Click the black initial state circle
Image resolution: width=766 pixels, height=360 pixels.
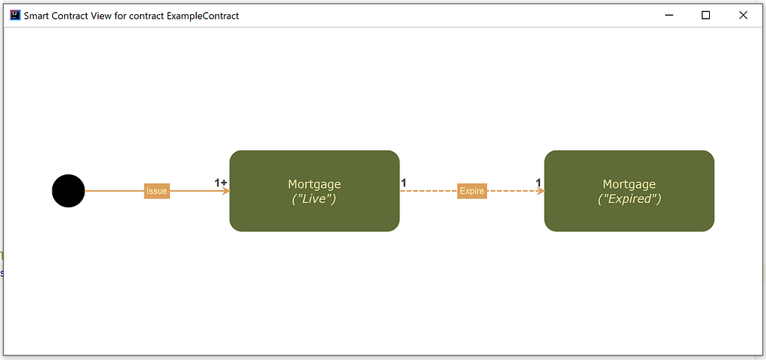point(68,191)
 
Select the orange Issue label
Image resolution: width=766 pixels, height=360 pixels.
point(157,191)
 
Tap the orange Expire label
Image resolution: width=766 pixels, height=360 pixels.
point(472,191)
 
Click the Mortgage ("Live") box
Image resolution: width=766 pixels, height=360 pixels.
point(315,191)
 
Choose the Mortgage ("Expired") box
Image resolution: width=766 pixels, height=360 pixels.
point(629,191)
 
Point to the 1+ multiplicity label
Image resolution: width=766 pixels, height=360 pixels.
point(221,183)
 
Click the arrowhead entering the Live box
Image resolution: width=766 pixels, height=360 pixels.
point(226,191)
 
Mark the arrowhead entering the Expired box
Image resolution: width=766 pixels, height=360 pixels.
point(540,191)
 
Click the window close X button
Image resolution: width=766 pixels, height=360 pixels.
point(743,15)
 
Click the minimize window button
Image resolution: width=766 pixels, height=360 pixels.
point(670,15)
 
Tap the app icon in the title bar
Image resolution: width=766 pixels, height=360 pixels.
point(15,15)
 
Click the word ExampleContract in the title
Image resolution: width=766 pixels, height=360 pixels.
point(203,16)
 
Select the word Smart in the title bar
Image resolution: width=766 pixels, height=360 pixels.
point(36,16)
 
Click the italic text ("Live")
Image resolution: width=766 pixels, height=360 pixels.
point(314,199)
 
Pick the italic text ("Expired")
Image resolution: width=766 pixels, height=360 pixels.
point(629,199)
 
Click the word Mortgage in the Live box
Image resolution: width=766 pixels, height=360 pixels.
point(315,184)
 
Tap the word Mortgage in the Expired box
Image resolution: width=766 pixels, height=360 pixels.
point(629,184)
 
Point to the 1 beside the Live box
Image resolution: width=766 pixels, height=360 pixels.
point(403,183)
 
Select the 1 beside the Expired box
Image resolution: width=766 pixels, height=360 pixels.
point(539,183)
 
